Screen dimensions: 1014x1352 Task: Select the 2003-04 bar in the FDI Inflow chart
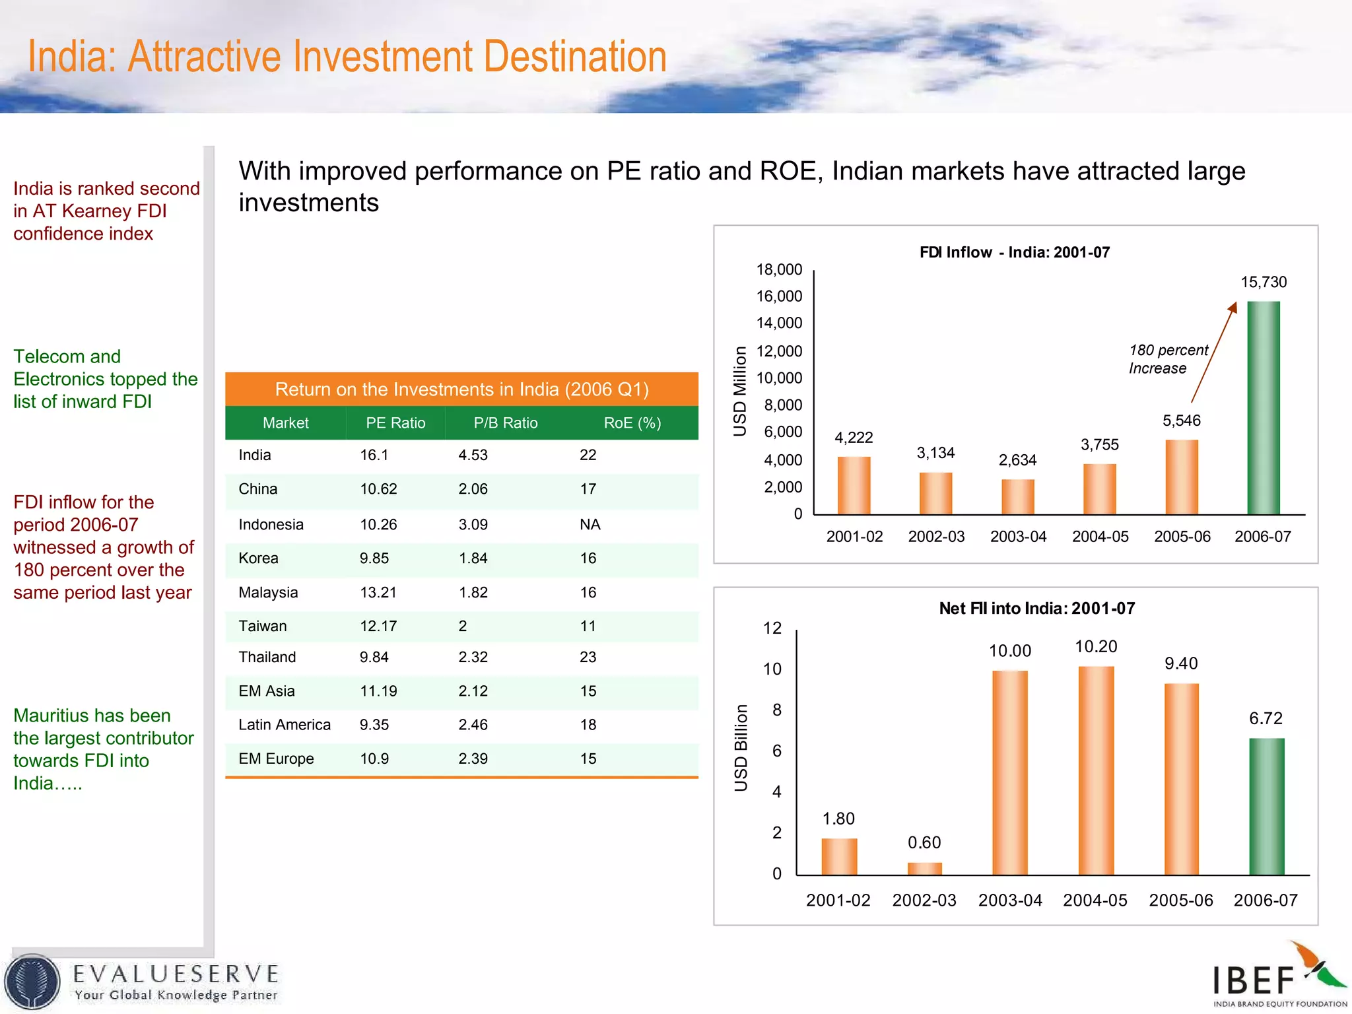click(x=1017, y=496)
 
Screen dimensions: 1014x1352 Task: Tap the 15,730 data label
click(x=1263, y=282)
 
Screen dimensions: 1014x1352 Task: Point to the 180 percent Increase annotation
click(x=1168, y=359)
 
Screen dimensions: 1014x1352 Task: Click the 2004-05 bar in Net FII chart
click(x=1095, y=770)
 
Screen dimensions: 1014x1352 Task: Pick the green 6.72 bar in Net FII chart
click(x=1266, y=806)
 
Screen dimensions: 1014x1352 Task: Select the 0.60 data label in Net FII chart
click(x=924, y=842)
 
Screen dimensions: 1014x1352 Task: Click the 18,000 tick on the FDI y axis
click(x=779, y=269)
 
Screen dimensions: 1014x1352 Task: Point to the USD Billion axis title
click(x=741, y=747)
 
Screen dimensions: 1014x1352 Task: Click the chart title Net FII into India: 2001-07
click(x=1036, y=608)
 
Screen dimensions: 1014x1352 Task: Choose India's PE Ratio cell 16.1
click(x=374, y=455)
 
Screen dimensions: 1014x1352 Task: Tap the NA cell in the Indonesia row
click(x=590, y=524)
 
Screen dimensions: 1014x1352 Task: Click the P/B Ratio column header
click(x=505, y=423)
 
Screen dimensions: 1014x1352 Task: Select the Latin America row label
click(x=284, y=724)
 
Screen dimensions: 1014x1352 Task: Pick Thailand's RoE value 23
click(x=588, y=657)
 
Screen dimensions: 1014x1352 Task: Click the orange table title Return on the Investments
click(x=461, y=389)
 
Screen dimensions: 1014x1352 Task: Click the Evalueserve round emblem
click(x=32, y=982)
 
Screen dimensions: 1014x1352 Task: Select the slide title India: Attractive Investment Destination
click(x=347, y=57)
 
